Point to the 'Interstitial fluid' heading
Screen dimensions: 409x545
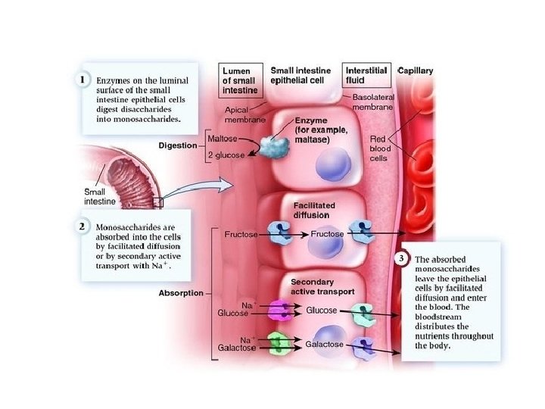tap(366, 75)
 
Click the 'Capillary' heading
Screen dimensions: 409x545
tap(416, 70)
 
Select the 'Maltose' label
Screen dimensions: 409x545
tap(226, 139)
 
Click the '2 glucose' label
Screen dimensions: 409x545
tap(230, 155)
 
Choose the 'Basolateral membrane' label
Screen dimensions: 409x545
tap(372, 103)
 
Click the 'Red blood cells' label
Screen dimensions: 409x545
tap(378, 149)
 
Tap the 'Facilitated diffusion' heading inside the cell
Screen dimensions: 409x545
tap(313, 210)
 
